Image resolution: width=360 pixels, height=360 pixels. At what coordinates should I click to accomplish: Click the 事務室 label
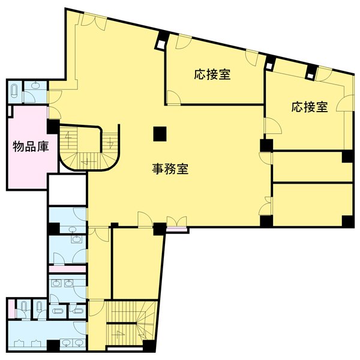point(170,170)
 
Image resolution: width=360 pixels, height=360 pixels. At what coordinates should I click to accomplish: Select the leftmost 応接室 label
point(212,75)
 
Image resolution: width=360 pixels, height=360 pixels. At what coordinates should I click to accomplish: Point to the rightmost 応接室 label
point(310,107)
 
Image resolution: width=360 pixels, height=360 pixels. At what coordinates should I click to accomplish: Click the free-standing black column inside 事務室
point(159,133)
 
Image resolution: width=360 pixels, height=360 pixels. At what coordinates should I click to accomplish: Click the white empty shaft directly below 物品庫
point(68,190)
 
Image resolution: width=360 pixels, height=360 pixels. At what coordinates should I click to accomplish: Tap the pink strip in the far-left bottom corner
point(11,309)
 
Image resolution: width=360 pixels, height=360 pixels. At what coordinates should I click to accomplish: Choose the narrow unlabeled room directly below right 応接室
point(312,166)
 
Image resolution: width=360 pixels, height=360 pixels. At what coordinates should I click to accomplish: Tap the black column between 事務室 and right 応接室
point(266,145)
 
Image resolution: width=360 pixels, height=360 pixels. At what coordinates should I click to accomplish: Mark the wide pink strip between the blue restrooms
point(67,269)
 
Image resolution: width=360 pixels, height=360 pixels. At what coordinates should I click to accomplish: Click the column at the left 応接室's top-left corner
point(161,44)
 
